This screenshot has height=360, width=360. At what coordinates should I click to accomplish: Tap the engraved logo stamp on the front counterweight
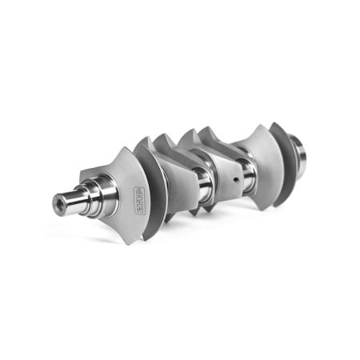pos(130,190)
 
